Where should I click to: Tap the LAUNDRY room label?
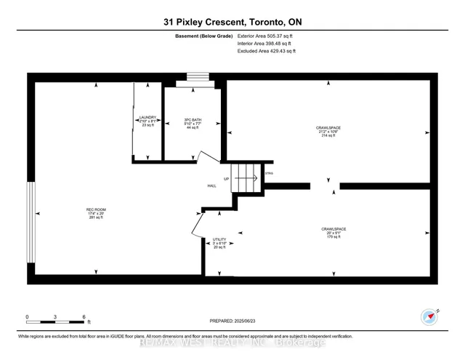147,121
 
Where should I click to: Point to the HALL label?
211,186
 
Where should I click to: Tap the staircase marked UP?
245,178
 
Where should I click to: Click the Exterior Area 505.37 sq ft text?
267,36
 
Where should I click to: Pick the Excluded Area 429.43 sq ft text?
267,52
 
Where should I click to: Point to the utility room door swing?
196,223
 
